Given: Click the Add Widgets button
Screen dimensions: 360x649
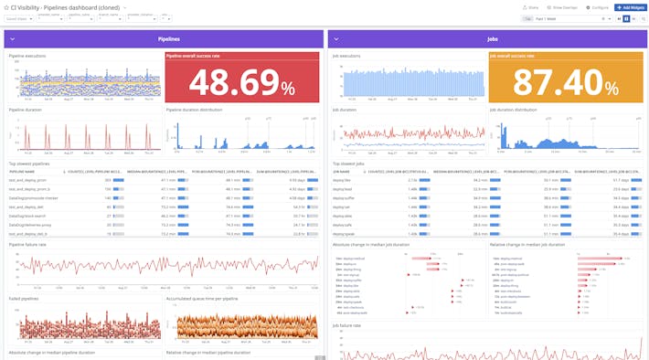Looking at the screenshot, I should click(630, 6).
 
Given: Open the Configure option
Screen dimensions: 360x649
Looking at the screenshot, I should click(597, 6).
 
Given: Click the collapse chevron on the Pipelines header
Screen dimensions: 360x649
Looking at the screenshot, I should click(13, 39).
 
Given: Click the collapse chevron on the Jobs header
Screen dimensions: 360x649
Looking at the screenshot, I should click(335, 39).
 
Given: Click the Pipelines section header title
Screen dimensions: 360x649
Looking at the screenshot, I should click(168, 39).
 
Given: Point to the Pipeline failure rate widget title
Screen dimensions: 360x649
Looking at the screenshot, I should click(27, 244).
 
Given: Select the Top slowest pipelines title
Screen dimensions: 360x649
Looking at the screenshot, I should click(29, 164).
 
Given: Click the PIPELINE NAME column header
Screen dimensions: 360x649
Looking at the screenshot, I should click(23, 171).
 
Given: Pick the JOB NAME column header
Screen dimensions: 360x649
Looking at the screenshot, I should click(342, 171).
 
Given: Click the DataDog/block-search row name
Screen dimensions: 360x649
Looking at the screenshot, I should click(28, 216).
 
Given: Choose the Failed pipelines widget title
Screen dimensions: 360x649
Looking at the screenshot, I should click(24, 298).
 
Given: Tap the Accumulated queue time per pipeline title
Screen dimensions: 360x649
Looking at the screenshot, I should click(202, 298).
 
